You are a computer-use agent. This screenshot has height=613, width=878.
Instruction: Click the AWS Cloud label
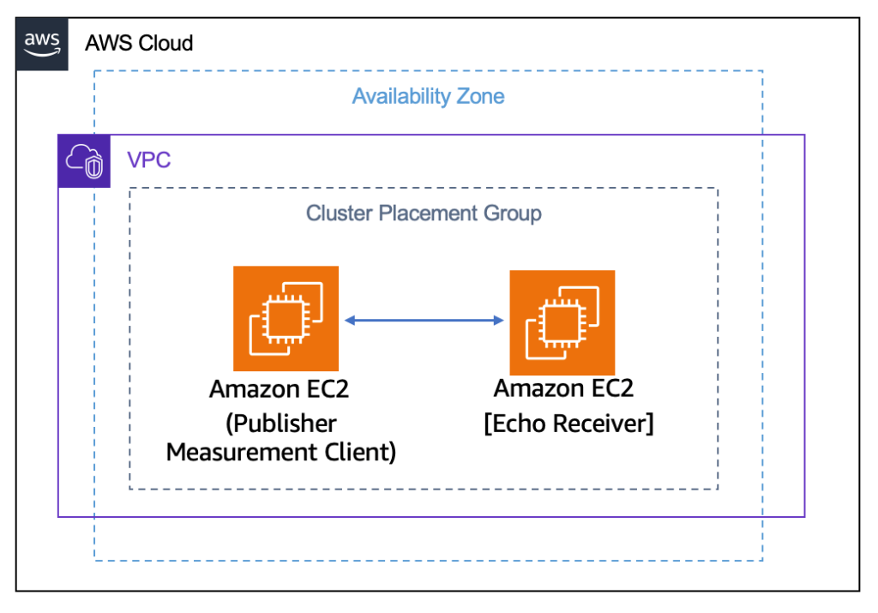point(139,43)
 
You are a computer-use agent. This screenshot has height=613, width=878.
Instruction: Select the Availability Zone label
point(428,96)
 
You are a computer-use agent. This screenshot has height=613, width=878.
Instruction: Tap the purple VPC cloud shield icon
point(84,161)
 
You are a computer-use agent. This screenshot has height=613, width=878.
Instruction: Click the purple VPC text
point(149,160)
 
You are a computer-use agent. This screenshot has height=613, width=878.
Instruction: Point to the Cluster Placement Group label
point(424,213)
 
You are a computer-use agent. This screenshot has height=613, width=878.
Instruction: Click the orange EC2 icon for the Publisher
point(286,318)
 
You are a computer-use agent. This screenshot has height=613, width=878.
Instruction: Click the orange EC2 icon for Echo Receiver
point(562,322)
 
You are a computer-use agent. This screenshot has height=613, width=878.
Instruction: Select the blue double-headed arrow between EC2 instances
point(424,321)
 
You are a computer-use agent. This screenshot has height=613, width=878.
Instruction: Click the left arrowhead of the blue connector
point(350,321)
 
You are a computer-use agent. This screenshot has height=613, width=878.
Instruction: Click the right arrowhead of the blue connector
point(498,321)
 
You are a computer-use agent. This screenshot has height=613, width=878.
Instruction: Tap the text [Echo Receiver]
point(568,424)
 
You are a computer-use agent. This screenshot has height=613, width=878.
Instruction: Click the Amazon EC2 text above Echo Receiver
point(563,388)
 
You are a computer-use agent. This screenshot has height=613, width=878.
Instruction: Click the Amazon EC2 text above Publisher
point(280,389)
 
